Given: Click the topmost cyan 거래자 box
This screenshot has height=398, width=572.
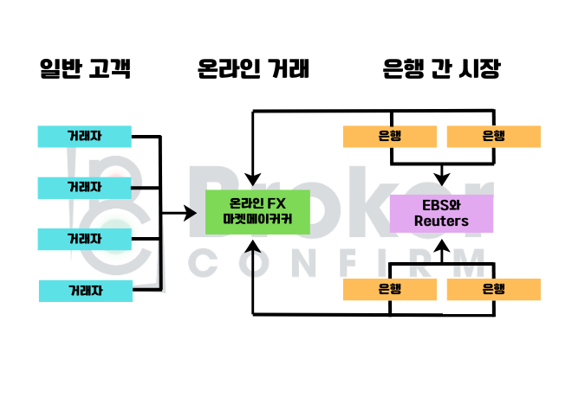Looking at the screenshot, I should click(x=85, y=137).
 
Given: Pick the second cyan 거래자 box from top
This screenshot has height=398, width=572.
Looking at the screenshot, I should click(x=85, y=187).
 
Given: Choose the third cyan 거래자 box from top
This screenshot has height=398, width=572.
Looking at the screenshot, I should click(x=85, y=238).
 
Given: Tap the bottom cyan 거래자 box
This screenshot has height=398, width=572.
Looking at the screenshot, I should click(x=85, y=291).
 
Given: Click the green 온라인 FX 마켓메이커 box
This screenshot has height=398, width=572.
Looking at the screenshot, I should click(x=253, y=213).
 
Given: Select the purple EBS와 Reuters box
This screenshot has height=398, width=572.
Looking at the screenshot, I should click(x=441, y=213).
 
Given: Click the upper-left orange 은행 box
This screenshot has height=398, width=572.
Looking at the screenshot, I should click(x=389, y=136).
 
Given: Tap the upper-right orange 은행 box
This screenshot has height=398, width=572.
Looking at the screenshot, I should click(x=493, y=136).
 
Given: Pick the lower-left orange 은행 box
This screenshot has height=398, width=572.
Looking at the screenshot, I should click(x=389, y=290).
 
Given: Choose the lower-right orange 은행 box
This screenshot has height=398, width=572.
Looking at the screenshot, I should click(x=493, y=290).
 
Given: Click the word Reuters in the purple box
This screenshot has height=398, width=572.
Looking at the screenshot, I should click(x=441, y=221).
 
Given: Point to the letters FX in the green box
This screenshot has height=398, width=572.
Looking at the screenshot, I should click(x=275, y=205).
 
